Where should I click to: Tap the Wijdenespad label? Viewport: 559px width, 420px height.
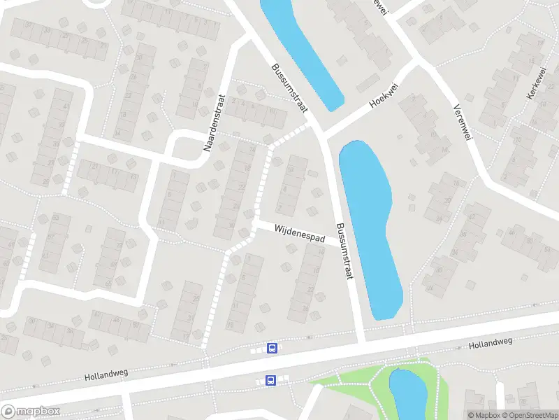click(300, 233)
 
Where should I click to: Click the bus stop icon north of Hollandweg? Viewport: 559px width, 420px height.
click(272, 348)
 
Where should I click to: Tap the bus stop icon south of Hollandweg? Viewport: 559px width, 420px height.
click(270, 380)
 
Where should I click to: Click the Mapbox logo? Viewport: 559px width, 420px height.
click(31, 412)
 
